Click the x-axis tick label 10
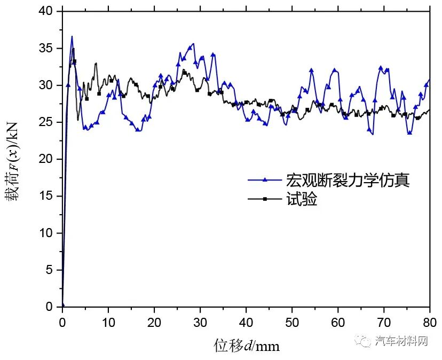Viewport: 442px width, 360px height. point(108,323)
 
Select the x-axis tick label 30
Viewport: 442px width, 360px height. point(200,323)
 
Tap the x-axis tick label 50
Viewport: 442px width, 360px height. point(292,323)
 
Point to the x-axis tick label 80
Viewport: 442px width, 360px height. point(430,323)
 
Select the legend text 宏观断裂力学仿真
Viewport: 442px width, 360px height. point(348,181)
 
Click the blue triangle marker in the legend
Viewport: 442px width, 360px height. point(265,181)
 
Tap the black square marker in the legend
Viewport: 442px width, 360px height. point(265,199)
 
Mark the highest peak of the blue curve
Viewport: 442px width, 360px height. point(72,36)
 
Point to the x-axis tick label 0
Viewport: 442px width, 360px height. point(62,323)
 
